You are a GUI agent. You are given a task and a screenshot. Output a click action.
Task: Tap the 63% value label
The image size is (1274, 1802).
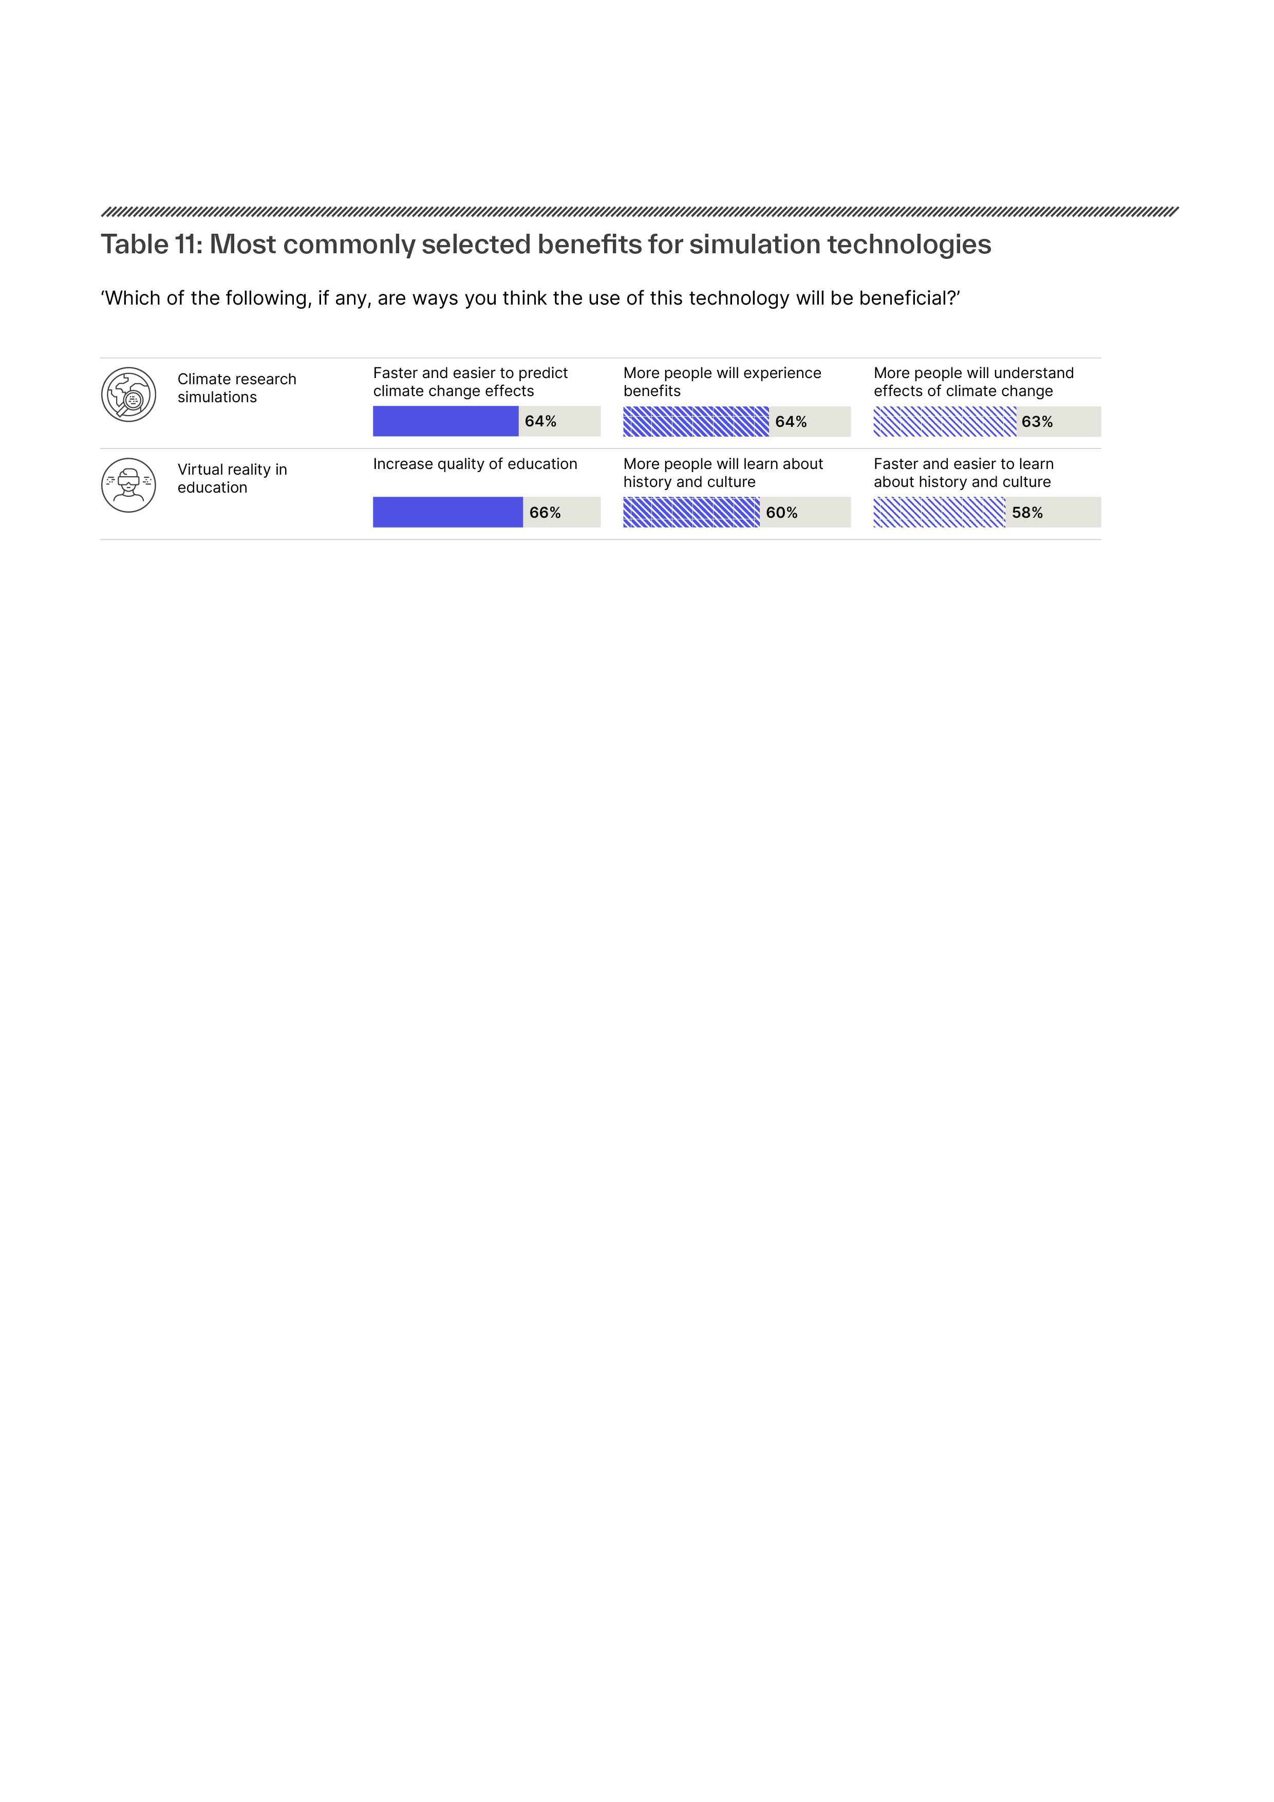1037,422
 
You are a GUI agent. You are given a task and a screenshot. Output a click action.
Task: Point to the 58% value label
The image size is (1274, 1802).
1027,513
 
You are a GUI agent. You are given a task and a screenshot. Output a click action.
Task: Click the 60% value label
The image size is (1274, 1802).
782,513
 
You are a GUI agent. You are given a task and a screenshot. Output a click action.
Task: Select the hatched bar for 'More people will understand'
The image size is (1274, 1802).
945,421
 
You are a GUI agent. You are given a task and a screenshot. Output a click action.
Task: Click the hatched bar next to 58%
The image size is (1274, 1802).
940,513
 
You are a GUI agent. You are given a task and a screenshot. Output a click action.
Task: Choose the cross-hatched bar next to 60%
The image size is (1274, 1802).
691,513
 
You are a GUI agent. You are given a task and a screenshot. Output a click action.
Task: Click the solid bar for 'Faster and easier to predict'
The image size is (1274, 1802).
446,421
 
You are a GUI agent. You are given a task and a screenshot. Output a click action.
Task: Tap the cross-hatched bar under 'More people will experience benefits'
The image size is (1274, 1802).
696,421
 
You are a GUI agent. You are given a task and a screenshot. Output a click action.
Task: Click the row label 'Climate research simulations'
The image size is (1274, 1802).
237,388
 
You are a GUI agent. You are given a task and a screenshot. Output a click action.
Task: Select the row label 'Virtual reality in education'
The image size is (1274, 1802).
232,479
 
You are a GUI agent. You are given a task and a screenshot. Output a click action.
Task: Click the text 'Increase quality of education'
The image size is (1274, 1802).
475,464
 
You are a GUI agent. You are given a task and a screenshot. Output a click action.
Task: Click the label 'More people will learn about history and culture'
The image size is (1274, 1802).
723,473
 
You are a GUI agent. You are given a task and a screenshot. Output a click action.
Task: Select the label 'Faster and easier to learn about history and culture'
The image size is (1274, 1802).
964,473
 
